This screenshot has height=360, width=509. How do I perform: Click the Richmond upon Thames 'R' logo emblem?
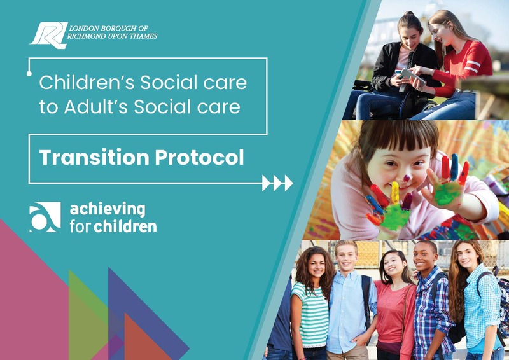click(x=49, y=35)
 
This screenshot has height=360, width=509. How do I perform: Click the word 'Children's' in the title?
click(x=87, y=83)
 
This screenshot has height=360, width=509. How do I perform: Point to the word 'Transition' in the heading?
click(x=94, y=158)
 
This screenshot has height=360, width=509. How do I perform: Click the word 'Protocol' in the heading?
click(x=199, y=158)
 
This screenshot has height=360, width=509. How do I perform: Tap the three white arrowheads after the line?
click(x=277, y=183)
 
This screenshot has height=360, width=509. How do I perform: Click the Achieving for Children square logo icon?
click(x=45, y=217)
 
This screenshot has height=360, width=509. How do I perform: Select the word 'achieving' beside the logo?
click(x=108, y=210)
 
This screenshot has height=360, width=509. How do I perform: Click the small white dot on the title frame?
click(x=29, y=74)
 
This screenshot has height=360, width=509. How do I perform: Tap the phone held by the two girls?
click(x=410, y=76)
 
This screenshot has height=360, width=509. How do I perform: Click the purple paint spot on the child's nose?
click(x=407, y=178)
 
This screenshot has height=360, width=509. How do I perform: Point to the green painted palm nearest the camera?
click(x=392, y=216)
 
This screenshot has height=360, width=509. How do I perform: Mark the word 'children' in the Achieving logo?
click(x=125, y=226)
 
